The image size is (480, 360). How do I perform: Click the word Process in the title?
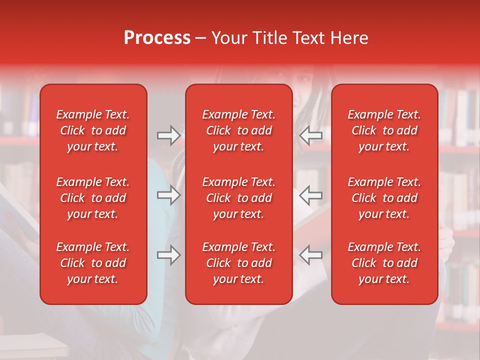157,38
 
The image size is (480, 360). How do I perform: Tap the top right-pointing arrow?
168,135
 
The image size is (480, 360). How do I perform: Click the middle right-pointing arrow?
168,195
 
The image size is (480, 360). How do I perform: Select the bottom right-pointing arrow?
168,255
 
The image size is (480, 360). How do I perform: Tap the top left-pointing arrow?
310,135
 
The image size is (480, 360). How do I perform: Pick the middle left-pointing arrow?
310,195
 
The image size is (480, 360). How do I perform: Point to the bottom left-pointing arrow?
310,255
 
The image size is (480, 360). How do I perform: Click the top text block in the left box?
93,130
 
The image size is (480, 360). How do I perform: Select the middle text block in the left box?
93,198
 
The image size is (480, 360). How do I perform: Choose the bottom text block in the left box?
93,263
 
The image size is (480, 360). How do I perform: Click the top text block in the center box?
239,130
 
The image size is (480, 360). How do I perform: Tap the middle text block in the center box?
239,198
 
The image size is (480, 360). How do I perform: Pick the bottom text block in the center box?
239,263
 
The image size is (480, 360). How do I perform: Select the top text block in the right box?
384,130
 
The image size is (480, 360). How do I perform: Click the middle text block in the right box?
384,198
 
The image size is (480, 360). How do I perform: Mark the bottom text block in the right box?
384,263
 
